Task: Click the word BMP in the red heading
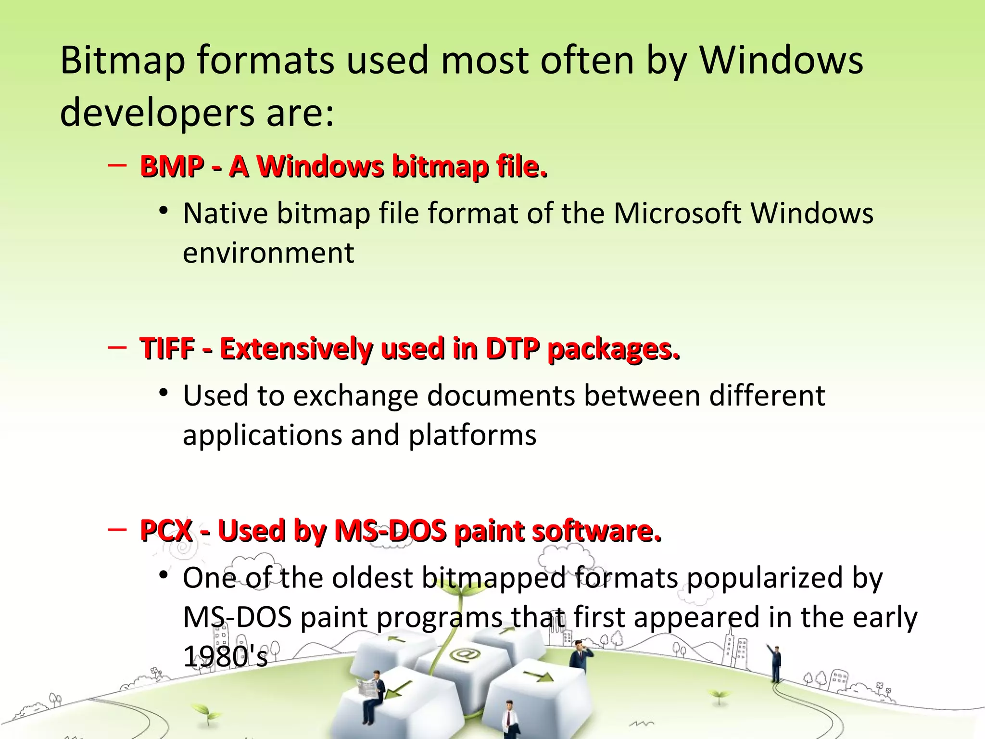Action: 172,167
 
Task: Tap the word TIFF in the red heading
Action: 167,349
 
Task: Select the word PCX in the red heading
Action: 166,531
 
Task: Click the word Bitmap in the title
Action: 123,61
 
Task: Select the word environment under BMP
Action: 268,253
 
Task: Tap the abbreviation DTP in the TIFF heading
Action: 512,349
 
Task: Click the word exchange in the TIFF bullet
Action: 356,396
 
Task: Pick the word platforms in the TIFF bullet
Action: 472,435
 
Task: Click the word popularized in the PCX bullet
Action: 765,578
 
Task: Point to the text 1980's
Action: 225,657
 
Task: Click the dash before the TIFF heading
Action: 117,347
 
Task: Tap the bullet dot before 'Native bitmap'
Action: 164,211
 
